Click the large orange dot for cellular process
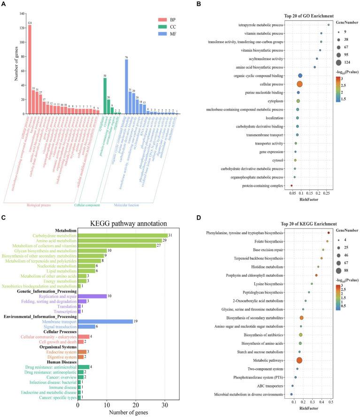[299, 84]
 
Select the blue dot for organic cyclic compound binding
[300, 76]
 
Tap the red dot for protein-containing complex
[291, 186]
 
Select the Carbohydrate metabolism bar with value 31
[122, 235]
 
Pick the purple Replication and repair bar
[92, 296]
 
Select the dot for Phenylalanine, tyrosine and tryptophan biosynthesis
[329, 233]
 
